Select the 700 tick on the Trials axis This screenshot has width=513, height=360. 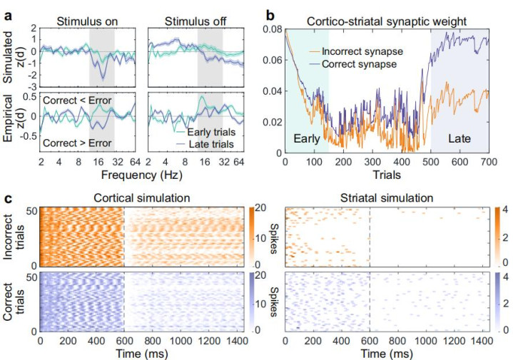[489, 161]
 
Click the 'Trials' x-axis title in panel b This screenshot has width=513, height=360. [386, 173]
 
